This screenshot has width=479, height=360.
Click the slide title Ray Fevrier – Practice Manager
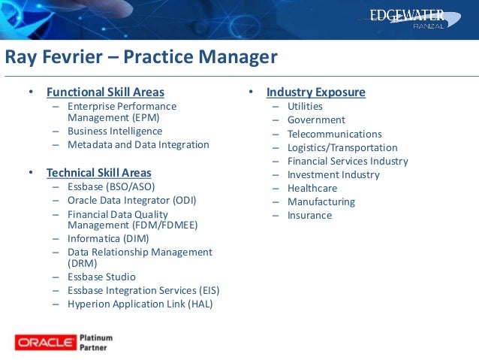(x=141, y=58)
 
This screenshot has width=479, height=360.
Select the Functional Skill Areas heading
(x=105, y=92)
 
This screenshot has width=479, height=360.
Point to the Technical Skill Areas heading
(x=98, y=173)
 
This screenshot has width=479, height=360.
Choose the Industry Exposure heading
(x=315, y=92)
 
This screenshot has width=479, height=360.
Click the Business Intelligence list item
(x=115, y=131)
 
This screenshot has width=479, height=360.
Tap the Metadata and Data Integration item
(x=138, y=144)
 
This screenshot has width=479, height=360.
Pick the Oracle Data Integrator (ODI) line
(x=132, y=200)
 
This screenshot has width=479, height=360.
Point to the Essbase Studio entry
(x=101, y=277)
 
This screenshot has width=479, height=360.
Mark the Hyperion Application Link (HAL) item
(x=140, y=304)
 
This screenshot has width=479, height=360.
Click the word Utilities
(x=305, y=107)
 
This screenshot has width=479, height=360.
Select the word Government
(x=316, y=120)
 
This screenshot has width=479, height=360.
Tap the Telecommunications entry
(x=334, y=134)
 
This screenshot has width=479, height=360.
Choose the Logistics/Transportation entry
(x=342, y=148)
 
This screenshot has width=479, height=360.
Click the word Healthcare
(x=312, y=189)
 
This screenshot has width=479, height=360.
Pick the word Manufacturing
(x=321, y=202)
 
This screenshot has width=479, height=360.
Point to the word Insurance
(x=309, y=216)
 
